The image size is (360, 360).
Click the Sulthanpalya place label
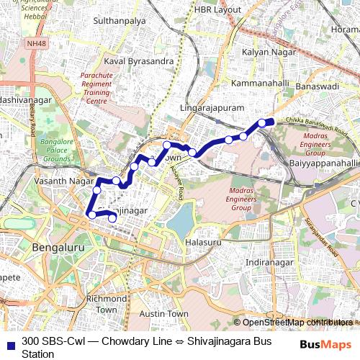click(x=120, y=22)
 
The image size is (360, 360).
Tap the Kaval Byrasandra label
click(x=139, y=61)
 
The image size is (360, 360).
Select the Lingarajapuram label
click(x=212, y=107)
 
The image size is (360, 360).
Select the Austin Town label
click(x=163, y=314)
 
